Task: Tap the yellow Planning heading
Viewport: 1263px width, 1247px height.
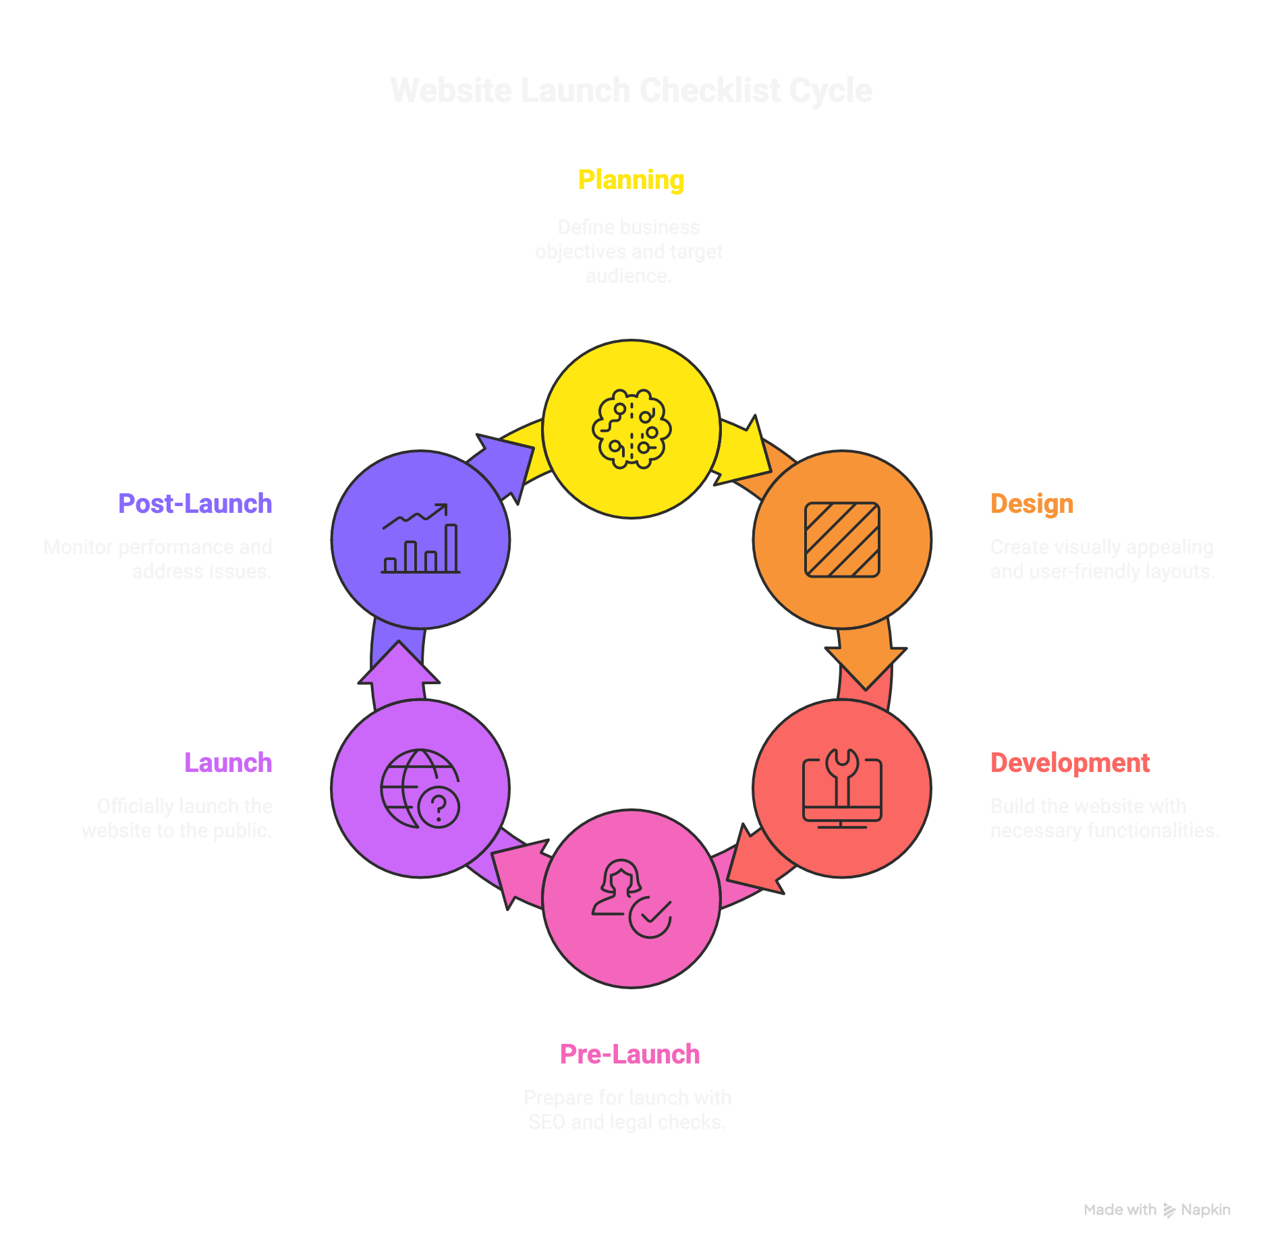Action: [631, 180]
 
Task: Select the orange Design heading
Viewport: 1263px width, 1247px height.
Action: [1032, 504]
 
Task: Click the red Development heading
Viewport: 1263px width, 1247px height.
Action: [1069, 763]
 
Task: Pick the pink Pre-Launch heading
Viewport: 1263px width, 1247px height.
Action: [630, 1055]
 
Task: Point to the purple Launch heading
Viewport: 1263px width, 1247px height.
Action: [228, 763]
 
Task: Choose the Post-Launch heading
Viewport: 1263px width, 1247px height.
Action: [195, 504]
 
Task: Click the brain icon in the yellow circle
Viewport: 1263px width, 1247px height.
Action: [631, 429]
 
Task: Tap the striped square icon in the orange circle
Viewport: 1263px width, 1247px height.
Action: [842, 540]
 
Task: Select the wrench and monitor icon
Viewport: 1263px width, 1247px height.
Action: [842, 788]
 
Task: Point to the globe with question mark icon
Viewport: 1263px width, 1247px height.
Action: [420, 788]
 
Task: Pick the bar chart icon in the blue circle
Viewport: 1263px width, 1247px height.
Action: [420, 540]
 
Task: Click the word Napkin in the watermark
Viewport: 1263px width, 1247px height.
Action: [1206, 1210]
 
